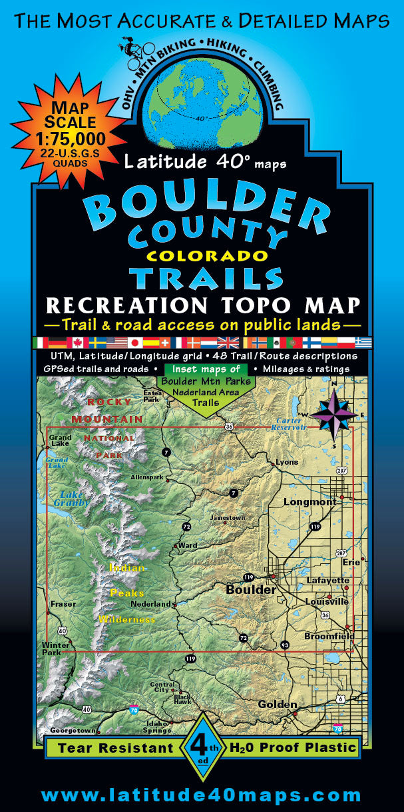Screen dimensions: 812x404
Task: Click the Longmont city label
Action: click(x=310, y=501)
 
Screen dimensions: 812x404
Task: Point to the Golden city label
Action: click(x=278, y=704)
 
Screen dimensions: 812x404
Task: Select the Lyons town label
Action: click(x=287, y=462)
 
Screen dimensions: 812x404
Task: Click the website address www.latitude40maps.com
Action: click(x=202, y=795)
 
